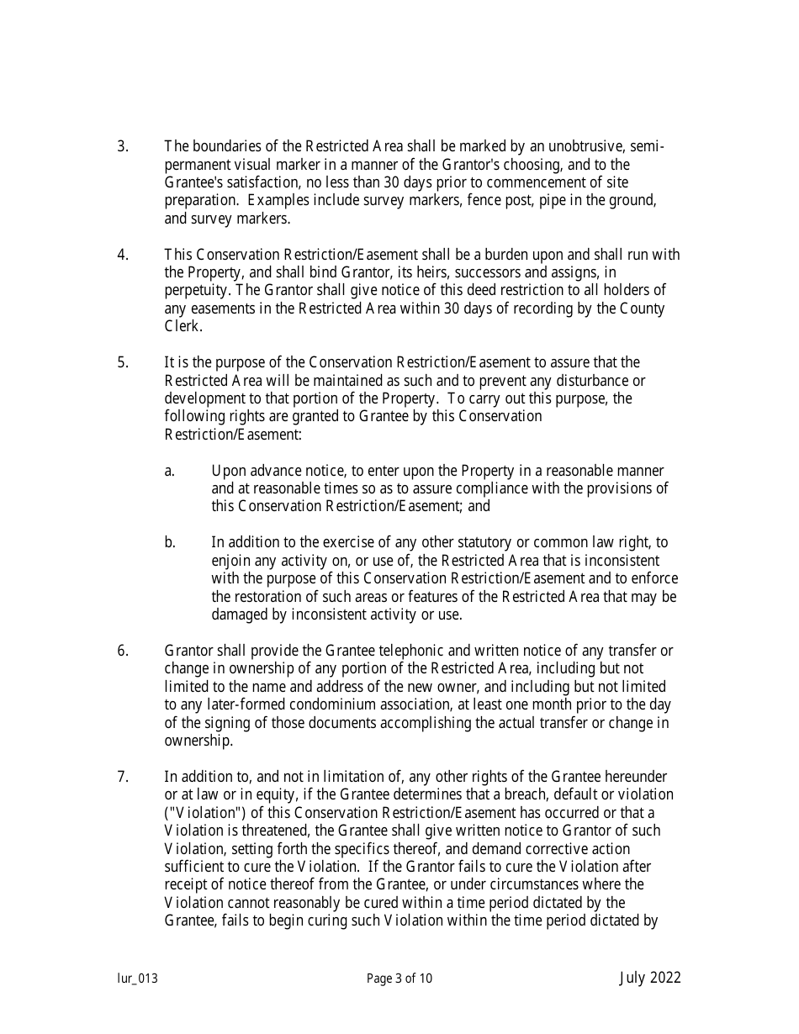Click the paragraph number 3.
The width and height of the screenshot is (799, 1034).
click(122, 146)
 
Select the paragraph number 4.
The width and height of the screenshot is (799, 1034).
click(122, 254)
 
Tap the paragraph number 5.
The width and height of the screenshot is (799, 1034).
click(122, 362)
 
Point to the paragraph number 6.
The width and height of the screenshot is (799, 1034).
click(122, 650)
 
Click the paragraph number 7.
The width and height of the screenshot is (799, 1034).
click(122, 776)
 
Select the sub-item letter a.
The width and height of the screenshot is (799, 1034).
click(169, 471)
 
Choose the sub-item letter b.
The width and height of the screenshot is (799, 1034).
click(170, 542)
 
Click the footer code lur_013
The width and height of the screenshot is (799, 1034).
click(137, 979)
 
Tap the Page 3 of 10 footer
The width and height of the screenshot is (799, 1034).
click(399, 979)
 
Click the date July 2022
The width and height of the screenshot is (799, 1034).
click(650, 977)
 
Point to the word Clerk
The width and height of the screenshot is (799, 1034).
click(183, 326)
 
